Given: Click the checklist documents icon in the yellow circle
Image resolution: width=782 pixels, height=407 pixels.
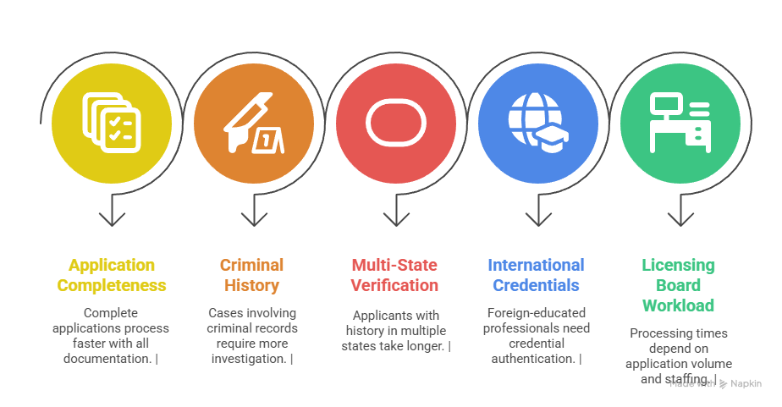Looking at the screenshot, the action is [112, 123].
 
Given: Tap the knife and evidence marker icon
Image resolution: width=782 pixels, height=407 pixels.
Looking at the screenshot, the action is [253, 123].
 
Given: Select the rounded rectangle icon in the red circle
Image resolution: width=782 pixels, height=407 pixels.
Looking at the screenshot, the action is [396, 123].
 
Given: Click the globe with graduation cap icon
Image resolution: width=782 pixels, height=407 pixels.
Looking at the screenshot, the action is [538, 123].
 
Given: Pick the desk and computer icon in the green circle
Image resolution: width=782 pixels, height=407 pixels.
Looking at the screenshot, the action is [680, 123].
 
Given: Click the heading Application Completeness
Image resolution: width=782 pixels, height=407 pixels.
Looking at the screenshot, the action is [112, 275].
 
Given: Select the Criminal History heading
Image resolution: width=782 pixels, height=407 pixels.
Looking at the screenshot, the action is [252, 275].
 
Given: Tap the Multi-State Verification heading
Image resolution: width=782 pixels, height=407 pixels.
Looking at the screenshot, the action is [394, 275].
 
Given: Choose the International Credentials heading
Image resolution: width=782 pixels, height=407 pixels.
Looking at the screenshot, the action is [536, 275].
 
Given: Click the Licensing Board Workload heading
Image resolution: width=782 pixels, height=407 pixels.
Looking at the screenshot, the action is [678, 285].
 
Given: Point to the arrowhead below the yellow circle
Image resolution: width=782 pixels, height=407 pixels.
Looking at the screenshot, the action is [112, 219].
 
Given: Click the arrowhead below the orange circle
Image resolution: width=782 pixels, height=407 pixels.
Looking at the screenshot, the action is [254, 219].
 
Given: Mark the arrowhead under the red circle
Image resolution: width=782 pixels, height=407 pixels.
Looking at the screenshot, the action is [396, 219].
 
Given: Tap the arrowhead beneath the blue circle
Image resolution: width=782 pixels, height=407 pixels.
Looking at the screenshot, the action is [538, 219].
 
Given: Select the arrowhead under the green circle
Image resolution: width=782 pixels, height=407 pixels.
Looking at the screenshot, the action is [680, 219].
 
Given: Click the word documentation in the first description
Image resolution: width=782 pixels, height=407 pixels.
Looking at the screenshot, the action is [107, 359].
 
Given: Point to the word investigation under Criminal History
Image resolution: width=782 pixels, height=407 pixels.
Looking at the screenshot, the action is [249, 359].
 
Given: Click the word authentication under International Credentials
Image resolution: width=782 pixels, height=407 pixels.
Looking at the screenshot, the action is [533, 359].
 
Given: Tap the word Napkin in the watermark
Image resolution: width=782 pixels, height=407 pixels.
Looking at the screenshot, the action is [746, 383].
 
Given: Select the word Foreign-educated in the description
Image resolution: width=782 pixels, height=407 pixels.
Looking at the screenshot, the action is [536, 313].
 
